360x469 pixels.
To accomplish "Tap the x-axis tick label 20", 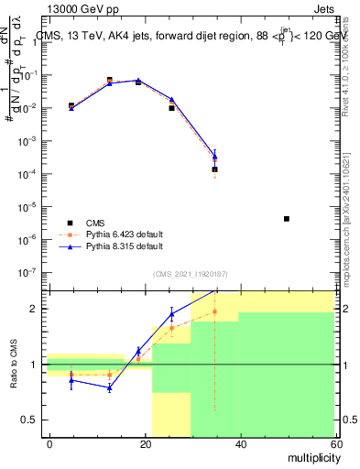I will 145,443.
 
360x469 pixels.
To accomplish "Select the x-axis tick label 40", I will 240,443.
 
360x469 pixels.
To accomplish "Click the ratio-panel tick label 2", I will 35,309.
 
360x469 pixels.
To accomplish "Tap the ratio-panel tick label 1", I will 35,365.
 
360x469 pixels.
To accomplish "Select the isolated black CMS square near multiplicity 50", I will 287,219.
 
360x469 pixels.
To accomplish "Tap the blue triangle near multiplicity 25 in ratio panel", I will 170,314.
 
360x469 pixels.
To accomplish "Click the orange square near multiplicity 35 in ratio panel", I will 214,311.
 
